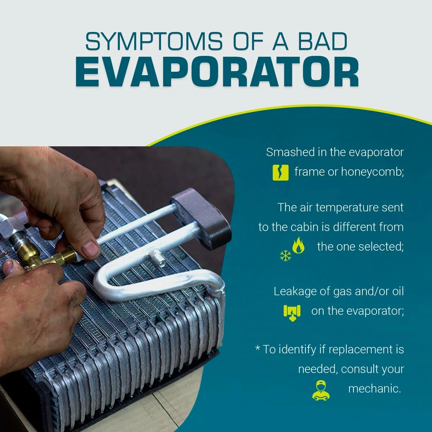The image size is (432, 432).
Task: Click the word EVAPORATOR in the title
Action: pyautogui.click(x=217, y=72)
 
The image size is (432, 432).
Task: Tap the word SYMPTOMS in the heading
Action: pyautogui.click(x=154, y=41)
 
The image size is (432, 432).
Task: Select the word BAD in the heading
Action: pyautogui.click(x=322, y=41)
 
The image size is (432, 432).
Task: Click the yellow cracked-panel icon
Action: pyautogui.click(x=280, y=173)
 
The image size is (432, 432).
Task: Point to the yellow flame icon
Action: pyautogui.click(x=299, y=245)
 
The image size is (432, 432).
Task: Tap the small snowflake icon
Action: pyautogui.click(x=286, y=256)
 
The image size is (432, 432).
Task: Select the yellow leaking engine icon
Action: pyautogui.click(x=292, y=313)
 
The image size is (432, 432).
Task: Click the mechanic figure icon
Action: pyautogui.click(x=321, y=391)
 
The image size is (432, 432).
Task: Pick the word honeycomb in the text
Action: pyautogui.click(x=372, y=172)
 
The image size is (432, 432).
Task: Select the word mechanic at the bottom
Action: pyautogui.click(x=375, y=389)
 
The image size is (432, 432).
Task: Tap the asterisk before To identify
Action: pyautogui.click(x=257, y=348)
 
